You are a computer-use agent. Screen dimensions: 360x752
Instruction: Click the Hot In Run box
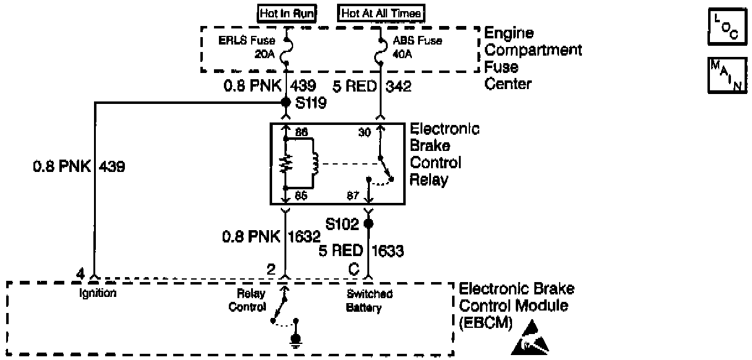[x=286, y=14]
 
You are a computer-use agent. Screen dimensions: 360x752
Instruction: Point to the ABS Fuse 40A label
[x=409, y=48]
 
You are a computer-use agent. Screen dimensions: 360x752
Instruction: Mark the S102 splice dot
[x=369, y=223]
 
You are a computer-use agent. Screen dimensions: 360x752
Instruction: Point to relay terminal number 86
[x=301, y=132]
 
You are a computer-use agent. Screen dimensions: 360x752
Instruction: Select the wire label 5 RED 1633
[x=361, y=251]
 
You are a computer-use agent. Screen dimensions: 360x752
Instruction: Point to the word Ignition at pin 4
[x=98, y=293]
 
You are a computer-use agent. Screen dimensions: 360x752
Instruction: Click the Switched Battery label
[x=369, y=301]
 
